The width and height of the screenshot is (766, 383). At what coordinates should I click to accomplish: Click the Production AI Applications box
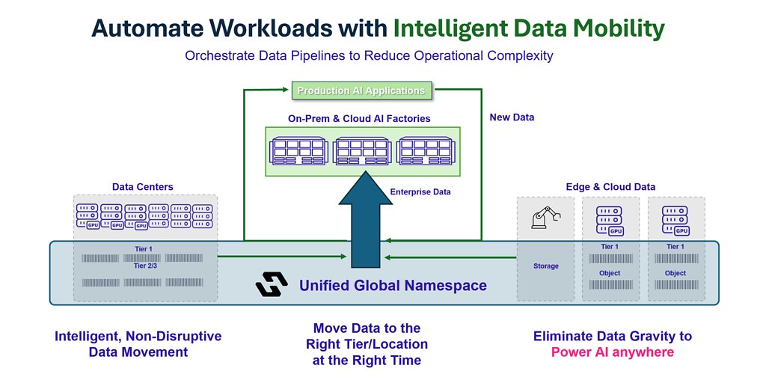coord(361,91)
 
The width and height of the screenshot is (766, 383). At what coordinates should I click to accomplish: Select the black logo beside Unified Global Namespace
coord(272,285)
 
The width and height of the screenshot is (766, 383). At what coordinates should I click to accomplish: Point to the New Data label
coord(512,117)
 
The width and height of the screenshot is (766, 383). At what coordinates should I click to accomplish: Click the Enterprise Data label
coord(420,192)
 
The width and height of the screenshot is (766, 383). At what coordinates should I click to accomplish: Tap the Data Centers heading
coord(142,186)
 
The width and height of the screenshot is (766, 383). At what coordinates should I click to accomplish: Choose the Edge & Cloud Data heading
coord(610,186)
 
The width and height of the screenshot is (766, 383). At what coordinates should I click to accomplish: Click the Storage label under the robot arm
coord(545,266)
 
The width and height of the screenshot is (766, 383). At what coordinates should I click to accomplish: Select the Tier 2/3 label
coord(146,266)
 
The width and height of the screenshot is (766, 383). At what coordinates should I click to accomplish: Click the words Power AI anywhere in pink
coord(612,352)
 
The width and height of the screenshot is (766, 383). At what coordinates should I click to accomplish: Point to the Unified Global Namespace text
coord(393,286)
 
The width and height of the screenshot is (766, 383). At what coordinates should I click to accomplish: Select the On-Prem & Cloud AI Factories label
coord(359,118)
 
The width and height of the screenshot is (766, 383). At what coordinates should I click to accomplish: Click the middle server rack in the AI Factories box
coord(362,150)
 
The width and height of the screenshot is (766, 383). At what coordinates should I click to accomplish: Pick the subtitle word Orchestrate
coord(221,55)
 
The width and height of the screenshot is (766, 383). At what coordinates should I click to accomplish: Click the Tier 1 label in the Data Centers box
coord(146,248)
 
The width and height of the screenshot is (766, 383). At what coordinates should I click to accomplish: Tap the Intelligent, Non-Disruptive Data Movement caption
coord(138,344)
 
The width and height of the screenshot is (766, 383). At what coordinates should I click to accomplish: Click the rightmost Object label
coord(675,273)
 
